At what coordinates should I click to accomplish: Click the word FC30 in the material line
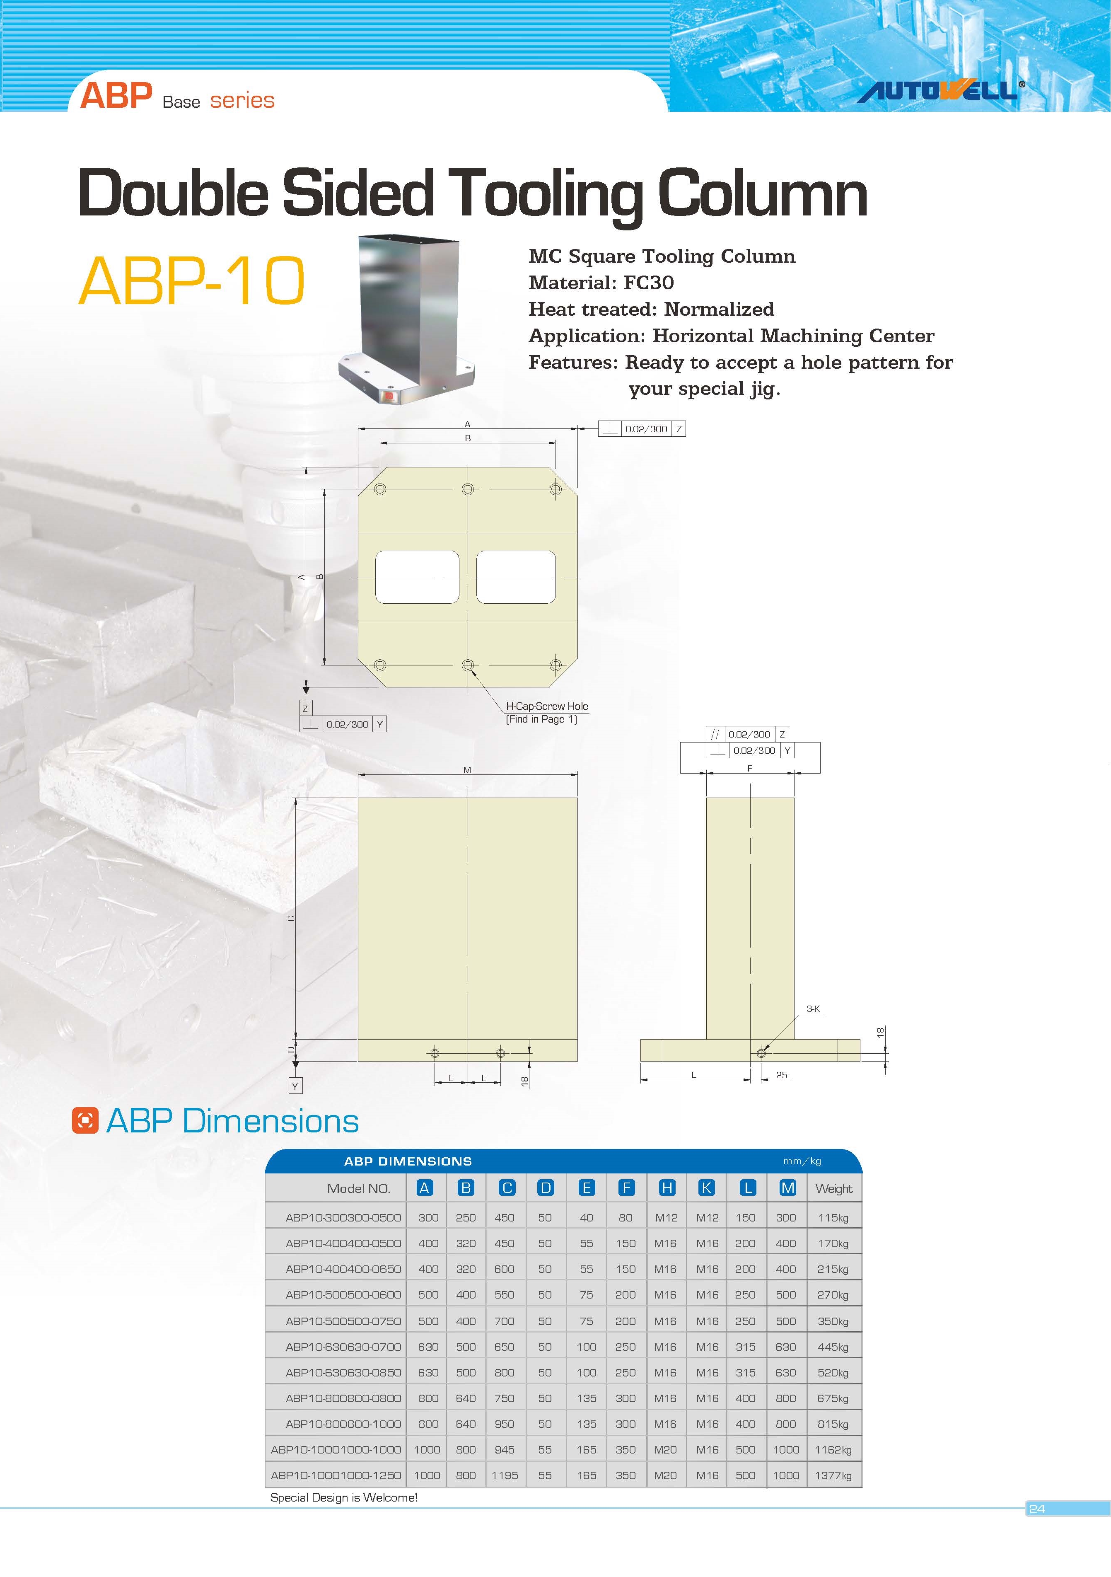tap(648, 282)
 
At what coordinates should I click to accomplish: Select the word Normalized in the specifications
tap(719, 309)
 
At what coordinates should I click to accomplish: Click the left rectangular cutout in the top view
tap(417, 577)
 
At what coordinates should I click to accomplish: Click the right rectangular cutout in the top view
tap(516, 577)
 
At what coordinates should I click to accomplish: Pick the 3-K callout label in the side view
tap(813, 1009)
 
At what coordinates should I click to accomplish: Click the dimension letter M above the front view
tap(467, 770)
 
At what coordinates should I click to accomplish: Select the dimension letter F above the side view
tap(750, 768)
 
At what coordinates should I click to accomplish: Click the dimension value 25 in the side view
tap(781, 1075)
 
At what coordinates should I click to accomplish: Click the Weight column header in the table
tap(833, 1188)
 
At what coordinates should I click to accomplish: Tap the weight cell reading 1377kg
tap(833, 1475)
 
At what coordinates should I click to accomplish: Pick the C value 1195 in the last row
tap(505, 1475)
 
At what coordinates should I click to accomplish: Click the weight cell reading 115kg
tap(833, 1218)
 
